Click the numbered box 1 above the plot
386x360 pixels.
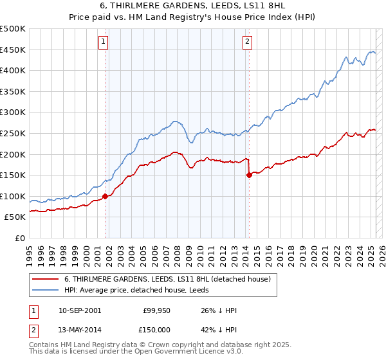point(104,42)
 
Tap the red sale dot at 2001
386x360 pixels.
point(105,196)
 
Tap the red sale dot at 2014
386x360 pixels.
point(248,175)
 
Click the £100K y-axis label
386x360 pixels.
point(13,196)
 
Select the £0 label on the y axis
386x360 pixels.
point(19,238)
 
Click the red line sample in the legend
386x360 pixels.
point(46,279)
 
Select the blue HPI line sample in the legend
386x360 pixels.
point(46,290)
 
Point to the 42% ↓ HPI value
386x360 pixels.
point(219,328)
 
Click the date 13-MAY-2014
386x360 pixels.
point(79,328)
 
